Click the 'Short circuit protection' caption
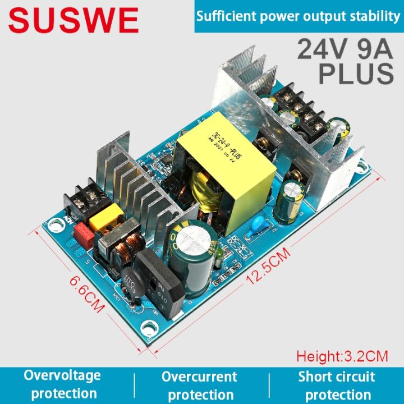337,385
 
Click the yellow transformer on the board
224,166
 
